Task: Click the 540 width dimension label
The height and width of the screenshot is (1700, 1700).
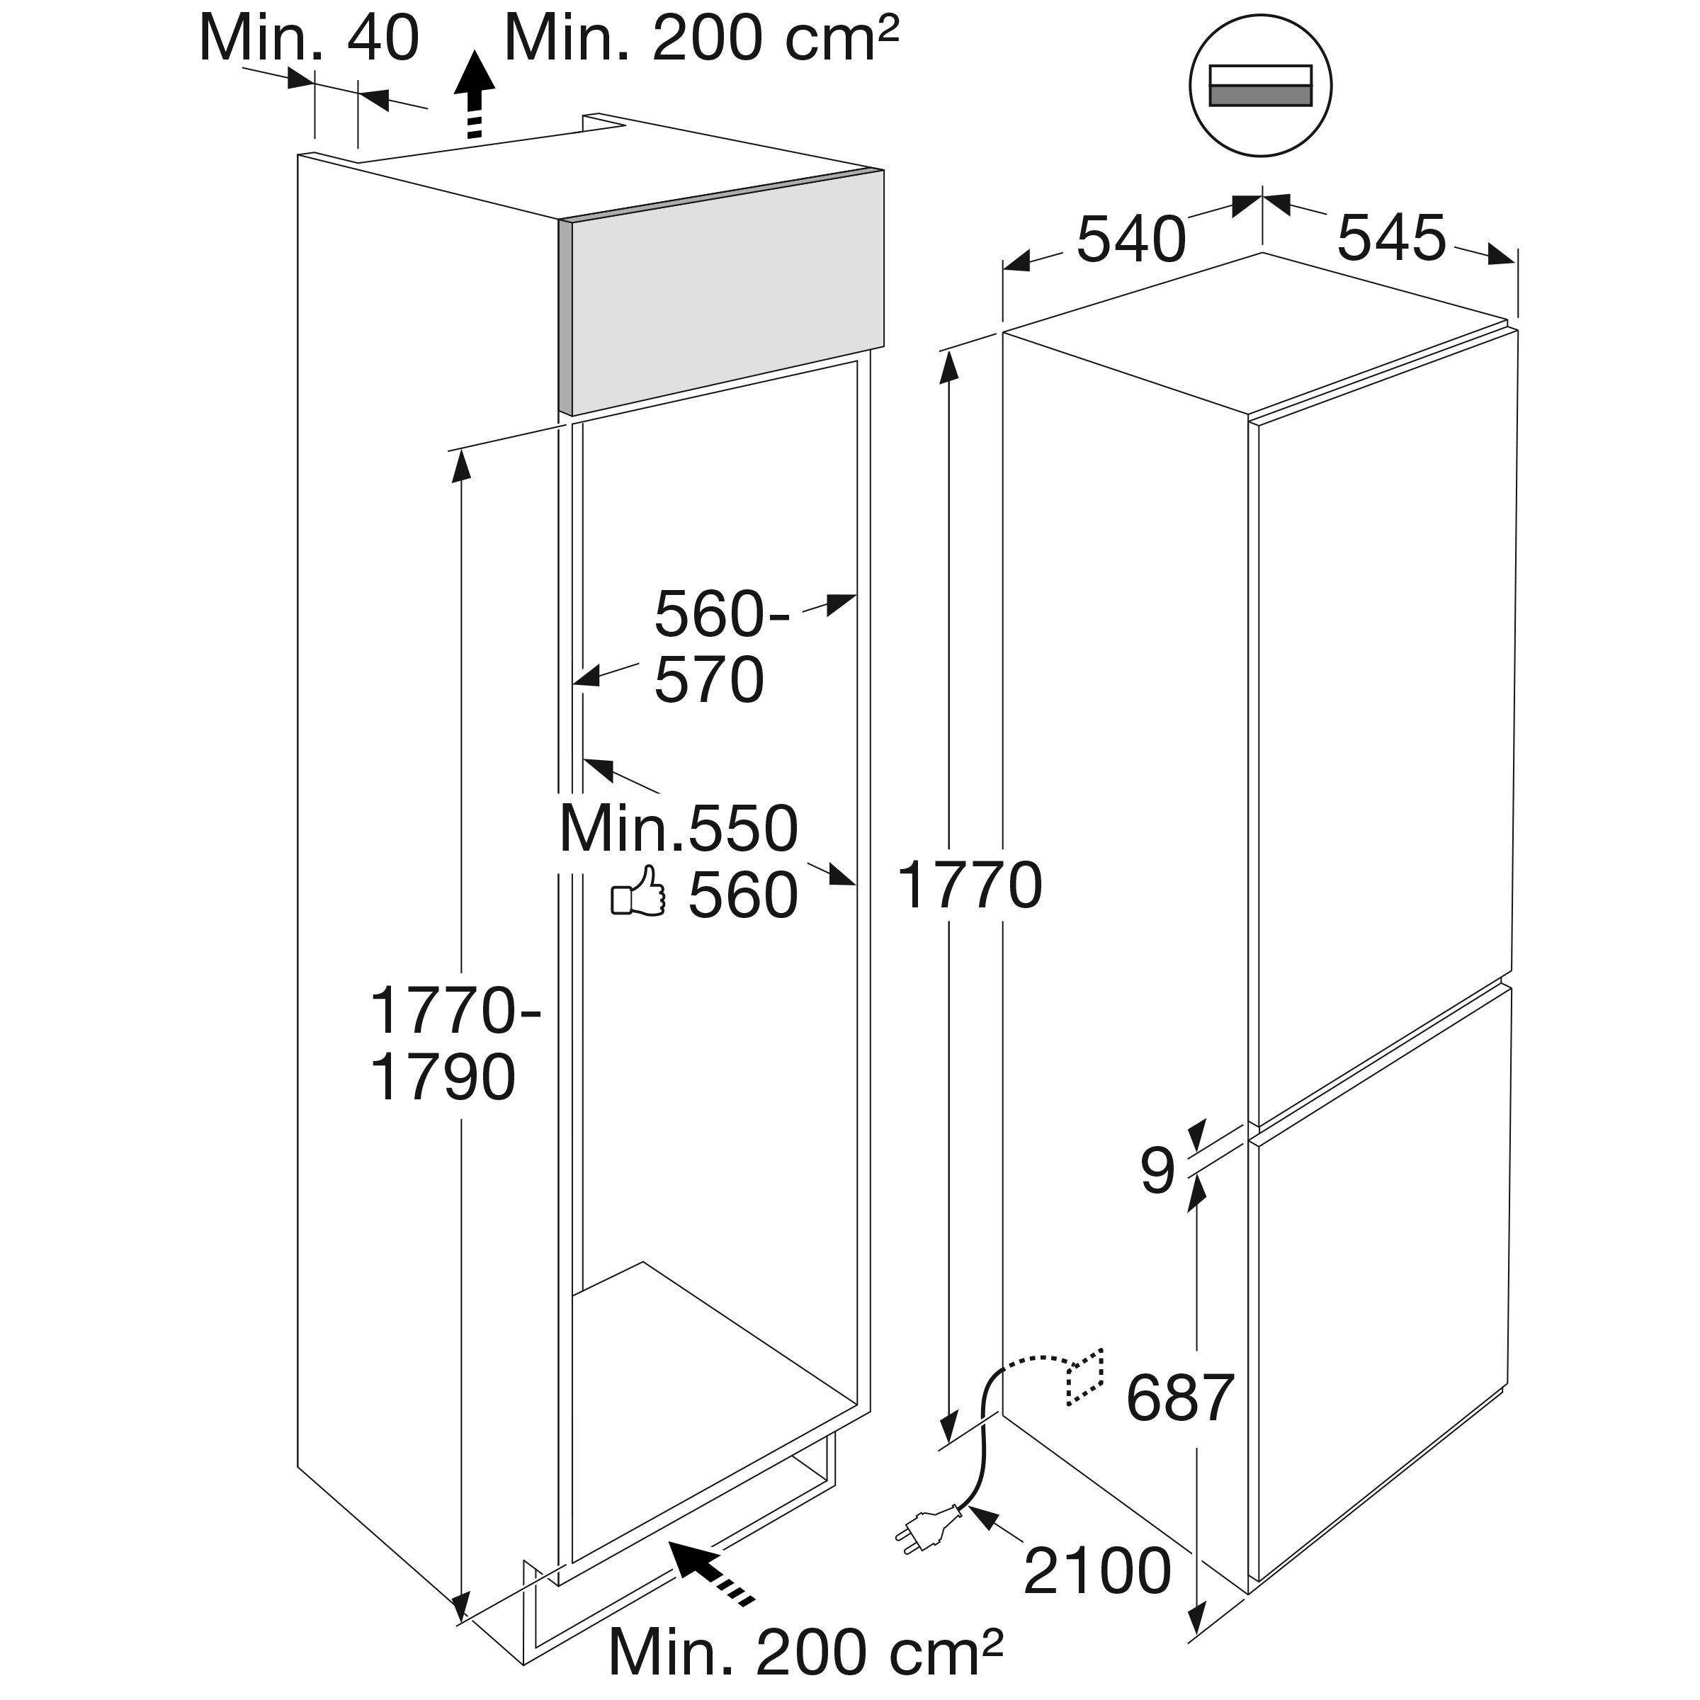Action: [x=1130, y=239]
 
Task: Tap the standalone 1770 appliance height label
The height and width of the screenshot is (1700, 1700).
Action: [x=970, y=885]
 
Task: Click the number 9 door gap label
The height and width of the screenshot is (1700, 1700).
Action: [x=1158, y=1169]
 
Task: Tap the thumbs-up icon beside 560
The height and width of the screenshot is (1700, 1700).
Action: [x=639, y=891]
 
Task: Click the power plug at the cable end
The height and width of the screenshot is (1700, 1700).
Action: [x=929, y=1530]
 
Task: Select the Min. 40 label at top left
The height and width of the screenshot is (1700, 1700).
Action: [x=310, y=39]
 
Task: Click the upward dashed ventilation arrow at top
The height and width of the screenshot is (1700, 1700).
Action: [x=475, y=95]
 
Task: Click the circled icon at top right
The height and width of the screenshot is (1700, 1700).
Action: [x=1260, y=85]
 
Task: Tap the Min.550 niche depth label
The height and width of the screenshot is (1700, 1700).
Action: [x=679, y=829]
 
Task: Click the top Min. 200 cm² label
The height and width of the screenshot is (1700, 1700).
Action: [x=701, y=39]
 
